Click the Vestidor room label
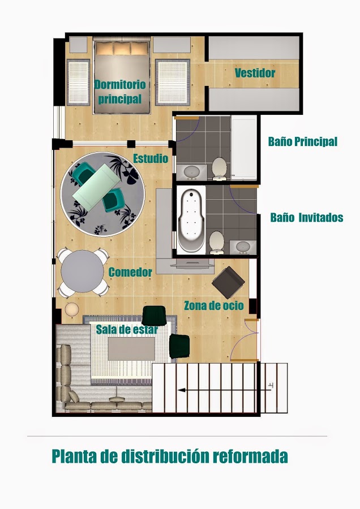click(255, 73)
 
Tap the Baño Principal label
click(303, 141)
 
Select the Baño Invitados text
click(307, 217)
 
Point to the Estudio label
click(151, 158)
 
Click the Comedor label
click(130, 272)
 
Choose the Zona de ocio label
click(214, 305)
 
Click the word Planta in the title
click(74, 456)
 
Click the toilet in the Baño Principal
click(219, 169)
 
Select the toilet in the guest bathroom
click(217, 243)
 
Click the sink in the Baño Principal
click(192, 172)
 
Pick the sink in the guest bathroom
click(243, 247)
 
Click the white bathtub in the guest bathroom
click(191, 221)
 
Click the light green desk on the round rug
click(96, 186)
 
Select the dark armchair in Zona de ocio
click(229, 282)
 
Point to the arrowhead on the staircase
click(182, 390)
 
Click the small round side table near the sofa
click(72, 309)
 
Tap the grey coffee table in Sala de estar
click(131, 349)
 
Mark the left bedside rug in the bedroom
click(78, 83)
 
